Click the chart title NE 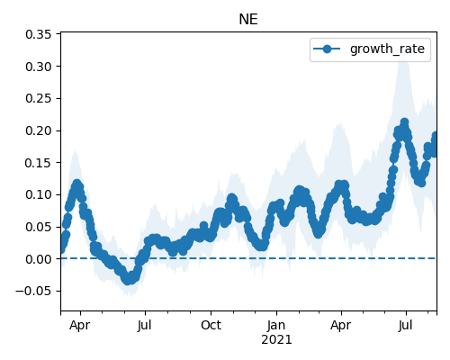point(248,20)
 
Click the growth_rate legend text point(387,49)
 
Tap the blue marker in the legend point(327,49)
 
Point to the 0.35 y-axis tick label point(39,34)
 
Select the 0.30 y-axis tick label point(39,67)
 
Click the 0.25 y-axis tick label point(39,99)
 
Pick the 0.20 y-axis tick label point(39,130)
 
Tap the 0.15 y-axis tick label point(39,163)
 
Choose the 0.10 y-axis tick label point(39,195)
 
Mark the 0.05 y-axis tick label point(39,227)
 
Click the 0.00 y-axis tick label point(39,259)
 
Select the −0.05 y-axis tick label point(33,292)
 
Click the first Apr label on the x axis point(80,326)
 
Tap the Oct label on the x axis point(211,325)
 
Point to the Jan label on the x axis point(276,325)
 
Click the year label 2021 point(276,340)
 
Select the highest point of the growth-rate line point(404,122)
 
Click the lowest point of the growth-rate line point(128,281)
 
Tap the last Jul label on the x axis point(406,325)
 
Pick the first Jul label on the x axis point(145,325)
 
